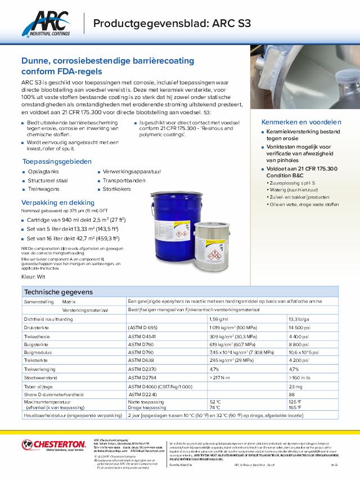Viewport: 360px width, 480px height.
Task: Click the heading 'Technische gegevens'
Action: [x=58, y=292]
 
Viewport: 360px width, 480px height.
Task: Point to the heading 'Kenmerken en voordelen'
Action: [x=301, y=122]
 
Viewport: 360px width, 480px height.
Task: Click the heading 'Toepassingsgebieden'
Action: [x=57, y=161]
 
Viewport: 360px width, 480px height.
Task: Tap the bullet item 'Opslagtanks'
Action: [x=43, y=172]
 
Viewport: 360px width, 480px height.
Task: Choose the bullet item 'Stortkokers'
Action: [x=116, y=190]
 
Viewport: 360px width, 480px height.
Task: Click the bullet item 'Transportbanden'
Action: [x=124, y=181]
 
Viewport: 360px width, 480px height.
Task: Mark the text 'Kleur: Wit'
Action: [x=34, y=278]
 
